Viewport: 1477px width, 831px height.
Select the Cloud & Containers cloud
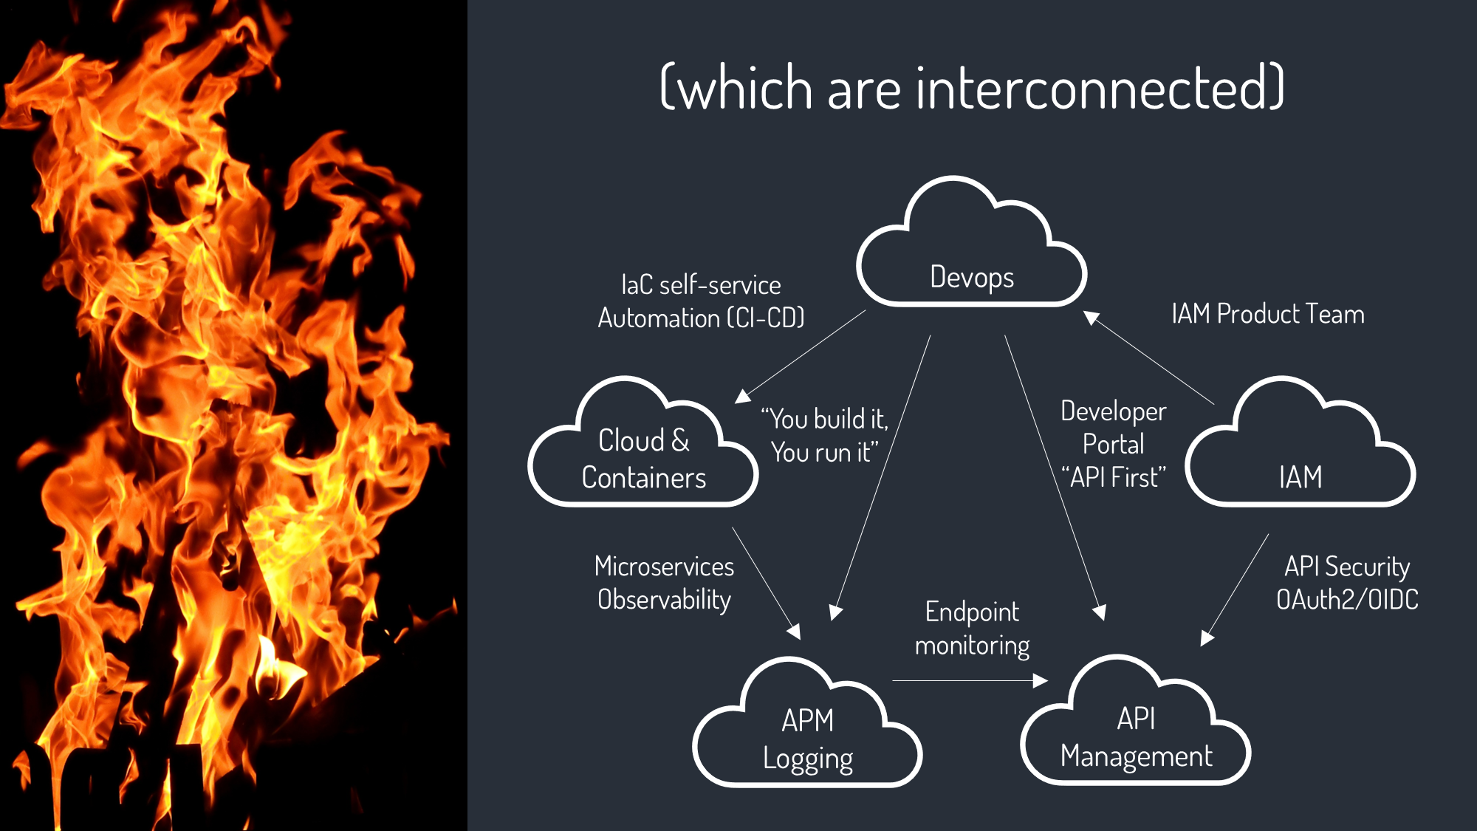(643, 458)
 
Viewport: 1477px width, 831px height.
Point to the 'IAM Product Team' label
(1267, 314)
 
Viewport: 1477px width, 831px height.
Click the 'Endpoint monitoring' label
(972, 628)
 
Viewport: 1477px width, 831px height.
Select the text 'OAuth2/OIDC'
(1347, 599)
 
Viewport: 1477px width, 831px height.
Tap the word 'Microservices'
(664, 567)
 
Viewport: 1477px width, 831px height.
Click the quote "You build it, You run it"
(825, 436)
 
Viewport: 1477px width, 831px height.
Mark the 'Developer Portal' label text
(1114, 428)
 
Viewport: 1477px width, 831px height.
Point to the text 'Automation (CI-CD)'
(701, 318)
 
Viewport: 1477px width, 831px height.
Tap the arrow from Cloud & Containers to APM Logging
(766, 582)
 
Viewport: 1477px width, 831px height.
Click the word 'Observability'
(664, 599)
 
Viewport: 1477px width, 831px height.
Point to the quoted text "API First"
(1114, 477)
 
